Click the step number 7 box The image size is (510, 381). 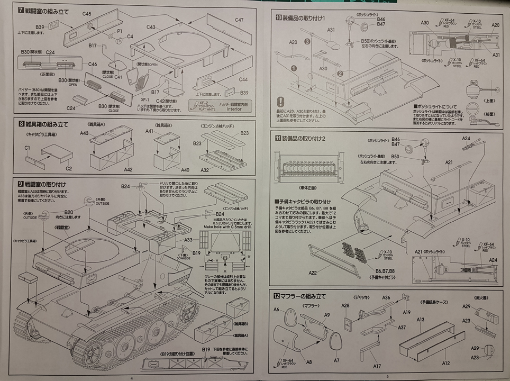(x=21, y=11)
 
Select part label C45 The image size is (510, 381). (x=87, y=14)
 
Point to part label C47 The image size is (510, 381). (x=239, y=20)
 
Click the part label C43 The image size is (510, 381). (x=151, y=27)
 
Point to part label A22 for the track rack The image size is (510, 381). (x=313, y=273)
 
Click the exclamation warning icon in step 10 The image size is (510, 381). (x=280, y=101)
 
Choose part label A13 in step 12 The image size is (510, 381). (x=421, y=320)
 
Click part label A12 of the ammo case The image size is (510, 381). (x=445, y=363)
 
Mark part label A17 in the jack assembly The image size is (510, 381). (x=377, y=366)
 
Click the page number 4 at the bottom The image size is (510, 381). (x=131, y=378)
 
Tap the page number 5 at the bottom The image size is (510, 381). (x=381, y=378)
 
